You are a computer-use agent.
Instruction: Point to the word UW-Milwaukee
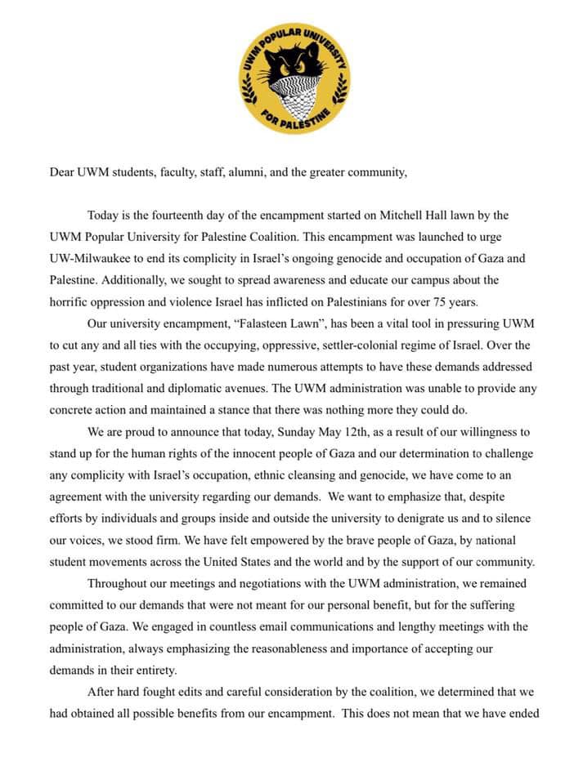tap(89, 258)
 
